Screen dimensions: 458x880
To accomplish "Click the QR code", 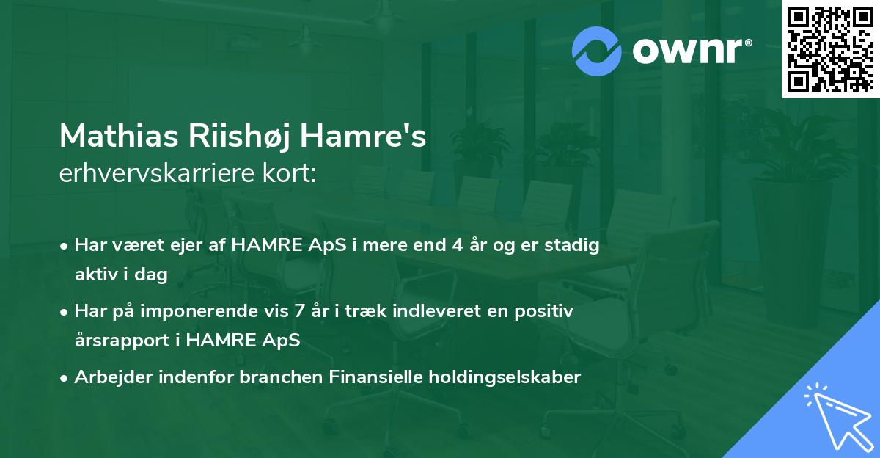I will [x=830, y=48].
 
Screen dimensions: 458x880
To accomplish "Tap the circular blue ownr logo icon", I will [x=596, y=51].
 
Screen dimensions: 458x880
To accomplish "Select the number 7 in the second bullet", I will [x=298, y=311].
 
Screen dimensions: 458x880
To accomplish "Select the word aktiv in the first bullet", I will [x=95, y=275].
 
